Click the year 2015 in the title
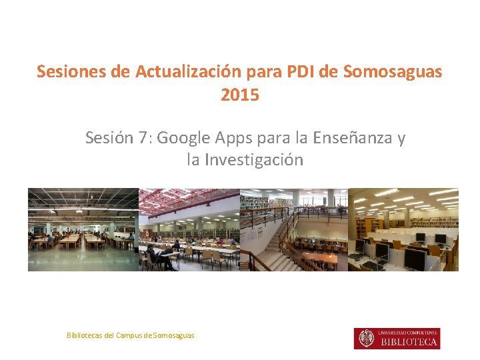[240, 95]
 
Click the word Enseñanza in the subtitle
[358, 138]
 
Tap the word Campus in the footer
[128, 335]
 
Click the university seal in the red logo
[366, 339]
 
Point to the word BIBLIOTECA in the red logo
[409, 342]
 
